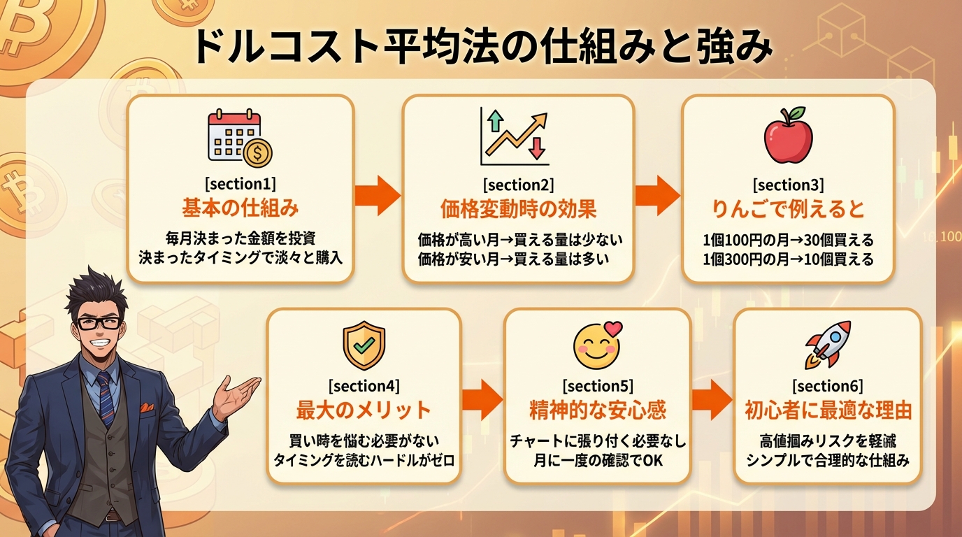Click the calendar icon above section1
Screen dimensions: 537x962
click(x=239, y=139)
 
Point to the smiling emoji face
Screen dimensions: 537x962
click(x=596, y=345)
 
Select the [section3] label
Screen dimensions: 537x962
click(x=788, y=185)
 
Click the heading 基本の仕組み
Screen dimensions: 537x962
click(x=240, y=208)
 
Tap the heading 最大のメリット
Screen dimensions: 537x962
click(x=364, y=409)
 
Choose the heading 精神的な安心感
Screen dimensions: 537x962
click(x=597, y=409)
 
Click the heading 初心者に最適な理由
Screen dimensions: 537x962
click(x=827, y=410)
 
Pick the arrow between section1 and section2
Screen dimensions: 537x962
click(x=377, y=195)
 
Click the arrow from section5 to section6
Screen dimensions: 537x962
click(x=712, y=399)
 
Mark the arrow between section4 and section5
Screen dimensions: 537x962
click(x=482, y=399)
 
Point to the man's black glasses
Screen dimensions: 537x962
click(x=97, y=322)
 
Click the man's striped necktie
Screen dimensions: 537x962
click(x=106, y=399)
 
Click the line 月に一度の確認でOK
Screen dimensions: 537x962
click(x=597, y=460)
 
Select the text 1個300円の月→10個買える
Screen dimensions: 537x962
click(x=788, y=259)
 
